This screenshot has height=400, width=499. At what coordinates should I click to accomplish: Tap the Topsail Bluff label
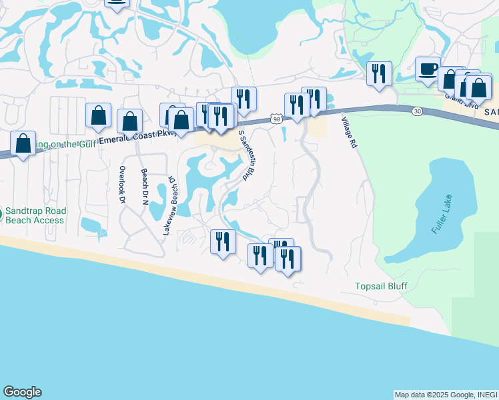pyautogui.click(x=381, y=286)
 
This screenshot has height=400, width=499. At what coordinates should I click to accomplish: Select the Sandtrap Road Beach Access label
pyautogui.click(x=35, y=215)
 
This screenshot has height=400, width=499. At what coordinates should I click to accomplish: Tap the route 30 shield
pyautogui.click(x=417, y=110)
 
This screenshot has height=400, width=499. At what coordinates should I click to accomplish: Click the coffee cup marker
pyautogui.click(x=428, y=69)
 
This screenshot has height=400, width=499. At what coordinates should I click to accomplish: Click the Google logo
pyautogui.click(x=22, y=392)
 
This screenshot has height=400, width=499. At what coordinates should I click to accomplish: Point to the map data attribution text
pyautogui.click(x=446, y=395)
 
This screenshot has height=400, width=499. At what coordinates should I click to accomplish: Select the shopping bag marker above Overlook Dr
pyautogui.click(x=99, y=116)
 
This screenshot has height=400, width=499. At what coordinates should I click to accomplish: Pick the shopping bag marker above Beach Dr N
pyautogui.click(x=130, y=121)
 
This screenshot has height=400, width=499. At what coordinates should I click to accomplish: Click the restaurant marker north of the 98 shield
pyautogui.click(x=244, y=99)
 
